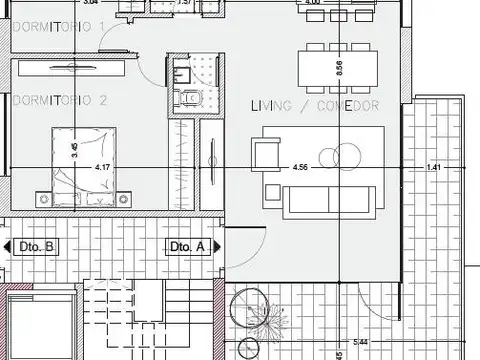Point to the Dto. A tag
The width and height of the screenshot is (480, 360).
187,246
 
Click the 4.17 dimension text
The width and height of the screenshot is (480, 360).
102,167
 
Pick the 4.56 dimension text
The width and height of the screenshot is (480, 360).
299,167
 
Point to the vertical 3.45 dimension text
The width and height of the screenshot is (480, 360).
73,152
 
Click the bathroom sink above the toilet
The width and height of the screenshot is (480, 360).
182,73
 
